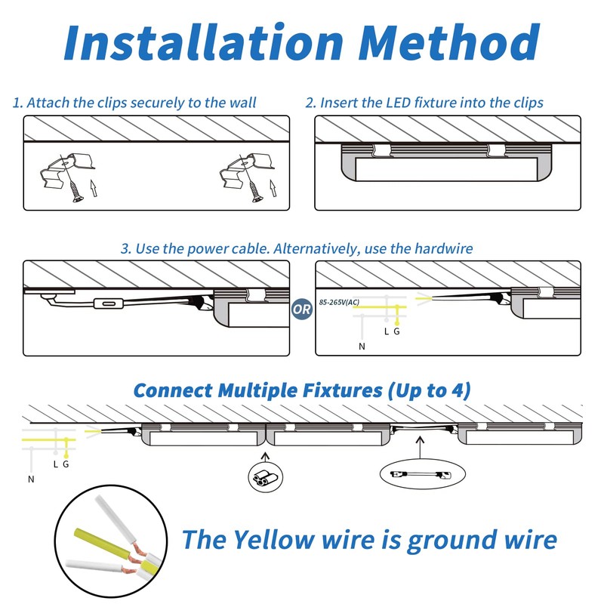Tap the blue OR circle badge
[301, 309]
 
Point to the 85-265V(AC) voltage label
[339, 302]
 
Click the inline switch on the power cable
[109, 304]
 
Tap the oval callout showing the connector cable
[423, 474]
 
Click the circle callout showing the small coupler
[266, 478]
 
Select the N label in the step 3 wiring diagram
[362, 347]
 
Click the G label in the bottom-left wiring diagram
[66, 464]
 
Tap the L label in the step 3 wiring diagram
[387, 331]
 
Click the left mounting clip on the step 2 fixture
[381, 150]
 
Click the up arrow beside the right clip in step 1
[273, 188]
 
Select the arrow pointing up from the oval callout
[421, 448]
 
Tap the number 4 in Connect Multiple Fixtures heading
[456, 390]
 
